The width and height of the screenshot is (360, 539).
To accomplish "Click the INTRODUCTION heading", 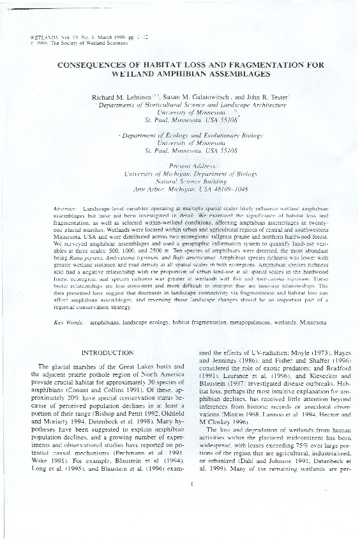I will (105, 352).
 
